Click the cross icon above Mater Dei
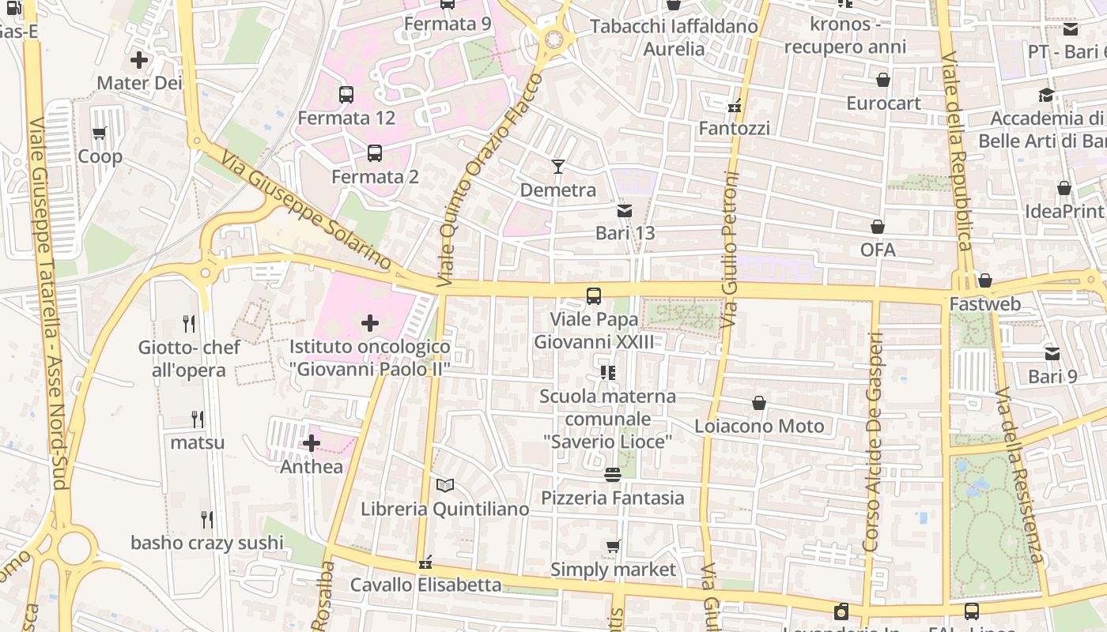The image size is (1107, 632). (x=139, y=59)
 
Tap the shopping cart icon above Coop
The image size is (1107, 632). (x=100, y=133)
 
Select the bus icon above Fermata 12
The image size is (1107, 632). (x=346, y=95)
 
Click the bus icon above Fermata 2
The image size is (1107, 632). (x=375, y=153)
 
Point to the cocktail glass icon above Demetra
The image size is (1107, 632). (x=558, y=166)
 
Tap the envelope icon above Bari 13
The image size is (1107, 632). (x=625, y=210)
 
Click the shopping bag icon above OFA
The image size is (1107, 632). (x=878, y=227)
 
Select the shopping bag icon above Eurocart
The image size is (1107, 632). (x=883, y=80)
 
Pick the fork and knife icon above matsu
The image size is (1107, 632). (x=198, y=419)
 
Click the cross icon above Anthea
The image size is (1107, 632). (x=312, y=443)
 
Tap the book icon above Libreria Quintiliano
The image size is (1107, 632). (x=445, y=485)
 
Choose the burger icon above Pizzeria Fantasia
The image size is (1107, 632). (x=612, y=474)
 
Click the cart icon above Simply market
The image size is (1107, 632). (x=613, y=546)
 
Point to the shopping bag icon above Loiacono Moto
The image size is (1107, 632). (x=759, y=403)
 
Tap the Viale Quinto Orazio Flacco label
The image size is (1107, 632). (x=491, y=179)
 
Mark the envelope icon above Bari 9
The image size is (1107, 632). (x=1052, y=353)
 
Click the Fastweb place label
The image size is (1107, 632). (x=984, y=304)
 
